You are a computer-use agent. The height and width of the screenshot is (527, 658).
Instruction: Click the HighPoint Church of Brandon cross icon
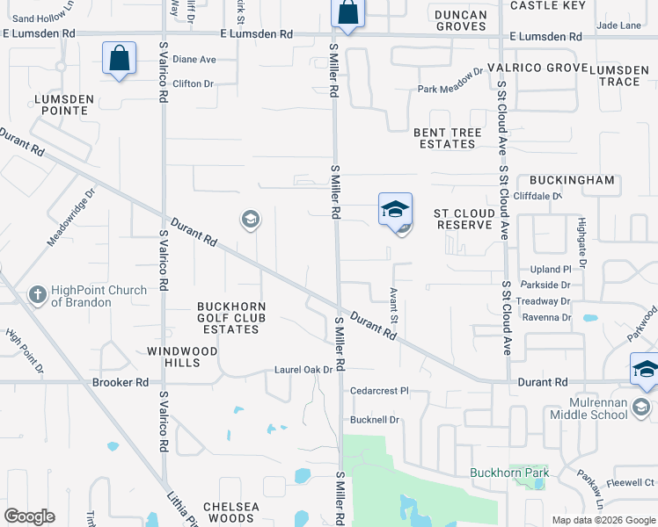click(x=37, y=295)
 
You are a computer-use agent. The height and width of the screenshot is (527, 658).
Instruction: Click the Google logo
click(x=29, y=516)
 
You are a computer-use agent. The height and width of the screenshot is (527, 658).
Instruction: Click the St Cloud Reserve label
click(x=464, y=219)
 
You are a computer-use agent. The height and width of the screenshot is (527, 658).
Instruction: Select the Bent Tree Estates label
click(x=448, y=139)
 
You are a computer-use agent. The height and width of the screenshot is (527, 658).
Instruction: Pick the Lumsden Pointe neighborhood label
click(x=62, y=105)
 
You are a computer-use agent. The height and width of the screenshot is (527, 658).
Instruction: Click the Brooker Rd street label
click(x=121, y=383)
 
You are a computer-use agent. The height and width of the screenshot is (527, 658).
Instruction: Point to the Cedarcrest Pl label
click(x=379, y=391)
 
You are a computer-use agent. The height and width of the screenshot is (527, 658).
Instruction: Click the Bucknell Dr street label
click(x=375, y=420)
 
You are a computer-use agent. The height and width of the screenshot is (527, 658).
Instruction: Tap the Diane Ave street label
click(x=194, y=60)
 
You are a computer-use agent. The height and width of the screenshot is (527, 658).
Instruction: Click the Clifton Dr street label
click(x=194, y=84)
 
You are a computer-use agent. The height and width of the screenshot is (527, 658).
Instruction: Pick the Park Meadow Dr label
click(x=450, y=89)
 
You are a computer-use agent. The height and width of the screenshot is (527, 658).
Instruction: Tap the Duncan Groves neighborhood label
click(x=461, y=20)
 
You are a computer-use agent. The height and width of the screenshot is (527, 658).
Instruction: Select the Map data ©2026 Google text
click(x=603, y=520)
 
